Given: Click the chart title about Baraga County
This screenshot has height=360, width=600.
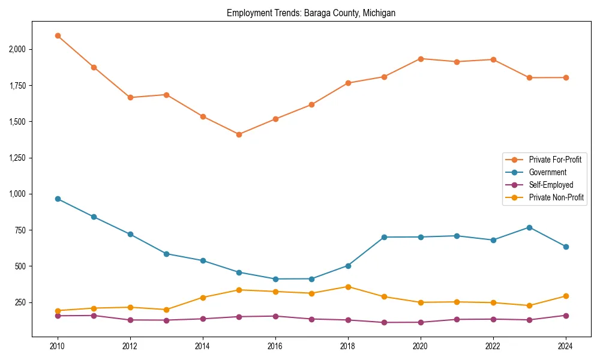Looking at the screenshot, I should [x=311, y=13].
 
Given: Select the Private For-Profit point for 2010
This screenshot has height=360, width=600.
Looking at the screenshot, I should [x=58, y=36].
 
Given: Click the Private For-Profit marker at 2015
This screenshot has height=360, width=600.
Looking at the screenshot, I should [x=239, y=134].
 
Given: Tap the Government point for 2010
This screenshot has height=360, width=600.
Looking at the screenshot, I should [x=58, y=199].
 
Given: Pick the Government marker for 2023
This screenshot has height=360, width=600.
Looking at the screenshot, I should [x=529, y=227].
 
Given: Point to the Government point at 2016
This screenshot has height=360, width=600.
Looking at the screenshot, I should [x=275, y=279].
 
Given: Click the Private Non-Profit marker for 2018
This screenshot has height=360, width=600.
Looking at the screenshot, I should [x=348, y=287].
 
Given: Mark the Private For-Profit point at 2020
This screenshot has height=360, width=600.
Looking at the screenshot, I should [x=421, y=59].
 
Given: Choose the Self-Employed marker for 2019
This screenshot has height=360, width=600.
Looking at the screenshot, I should [x=384, y=323].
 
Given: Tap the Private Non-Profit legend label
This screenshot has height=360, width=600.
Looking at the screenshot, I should [x=556, y=197].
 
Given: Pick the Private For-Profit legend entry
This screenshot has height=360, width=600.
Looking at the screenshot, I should [x=555, y=160].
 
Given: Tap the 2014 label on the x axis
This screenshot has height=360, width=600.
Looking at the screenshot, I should [x=203, y=346].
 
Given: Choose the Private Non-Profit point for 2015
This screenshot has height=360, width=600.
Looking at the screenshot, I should [x=239, y=290].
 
